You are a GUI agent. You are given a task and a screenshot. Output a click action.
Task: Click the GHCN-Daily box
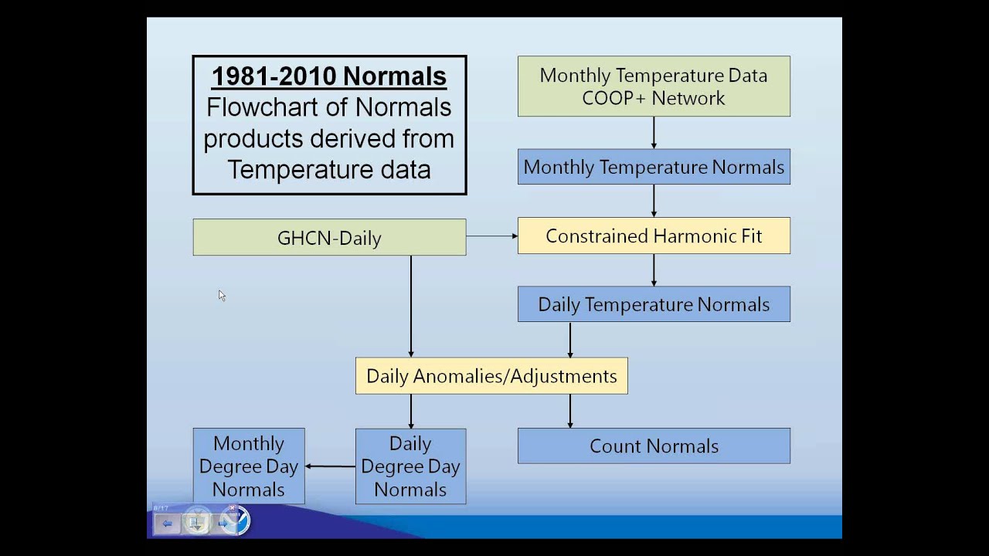tap(329, 237)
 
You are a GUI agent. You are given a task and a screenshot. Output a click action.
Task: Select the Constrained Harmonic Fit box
tap(654, 236)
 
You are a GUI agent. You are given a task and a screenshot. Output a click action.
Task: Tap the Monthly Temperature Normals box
tap(654, 167)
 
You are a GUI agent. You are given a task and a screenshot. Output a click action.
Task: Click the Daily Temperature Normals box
tap(654, 304)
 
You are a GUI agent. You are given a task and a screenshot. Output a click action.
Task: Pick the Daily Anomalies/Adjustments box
tap(491, 376)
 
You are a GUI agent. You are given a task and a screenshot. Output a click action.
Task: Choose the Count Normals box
tap(654, 446)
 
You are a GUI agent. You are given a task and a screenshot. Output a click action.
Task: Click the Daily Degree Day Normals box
tap(410, 466)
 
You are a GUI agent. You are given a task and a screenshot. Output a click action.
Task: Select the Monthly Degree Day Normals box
tap(248, 466)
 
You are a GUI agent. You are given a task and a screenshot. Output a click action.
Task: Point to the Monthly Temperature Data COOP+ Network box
tap(654, 86)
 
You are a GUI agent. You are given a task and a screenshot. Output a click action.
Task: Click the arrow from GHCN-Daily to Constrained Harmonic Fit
tap(491, 236)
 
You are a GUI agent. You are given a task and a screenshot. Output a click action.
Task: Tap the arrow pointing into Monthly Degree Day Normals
tap(331, 466)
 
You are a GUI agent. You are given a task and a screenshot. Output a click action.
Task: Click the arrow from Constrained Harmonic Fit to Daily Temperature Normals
tap(654, 270)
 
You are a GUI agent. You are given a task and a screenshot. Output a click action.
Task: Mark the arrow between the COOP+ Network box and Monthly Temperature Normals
tap(654, 133)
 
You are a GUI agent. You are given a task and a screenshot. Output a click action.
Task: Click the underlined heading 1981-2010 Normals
tap(329, 76)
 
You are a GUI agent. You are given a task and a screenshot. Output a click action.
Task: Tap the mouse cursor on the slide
tap(221, 295)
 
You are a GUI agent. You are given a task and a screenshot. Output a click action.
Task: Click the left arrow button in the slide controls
tap(167, 524)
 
